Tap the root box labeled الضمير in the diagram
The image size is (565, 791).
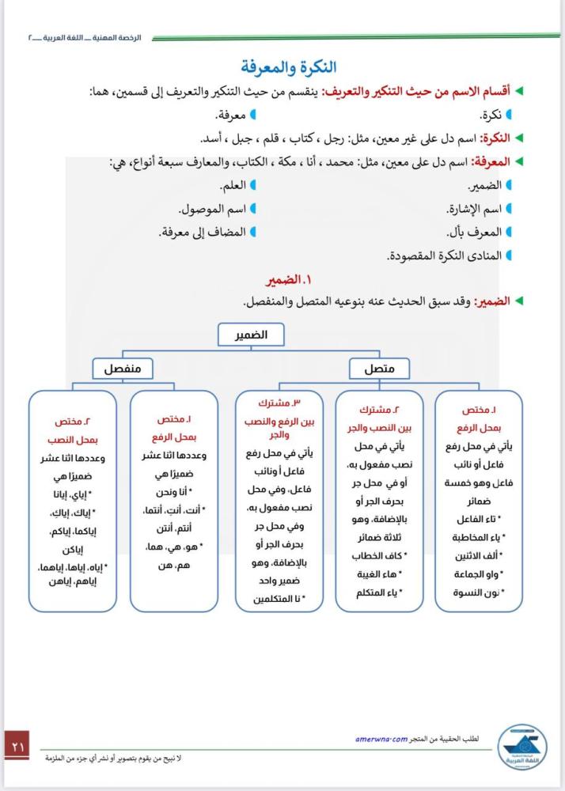[251, 335]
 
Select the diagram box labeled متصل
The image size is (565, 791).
[379, 369]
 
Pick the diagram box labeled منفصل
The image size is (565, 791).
[122, 369]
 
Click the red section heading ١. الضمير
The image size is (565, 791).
[287, 281]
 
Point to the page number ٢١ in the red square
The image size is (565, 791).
[17, 745]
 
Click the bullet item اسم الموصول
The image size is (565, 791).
[212, 210]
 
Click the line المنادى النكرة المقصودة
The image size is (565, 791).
[445, 256]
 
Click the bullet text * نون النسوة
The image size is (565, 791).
[480, 592]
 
